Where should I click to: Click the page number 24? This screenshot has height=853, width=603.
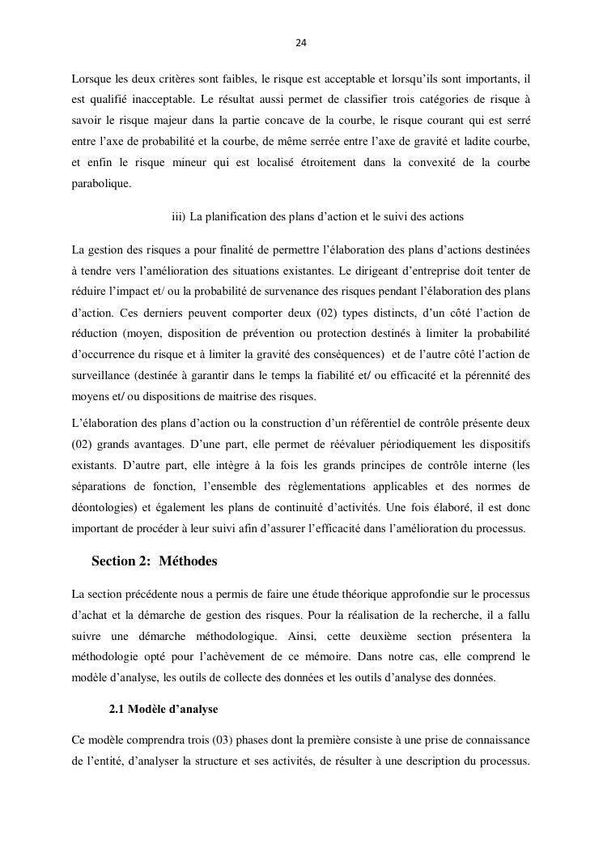coord(301,42)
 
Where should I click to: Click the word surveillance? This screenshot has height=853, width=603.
coord(104,375)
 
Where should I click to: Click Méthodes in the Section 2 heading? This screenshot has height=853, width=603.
coord(188,561)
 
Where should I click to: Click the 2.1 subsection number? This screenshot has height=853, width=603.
coord(118,709)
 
